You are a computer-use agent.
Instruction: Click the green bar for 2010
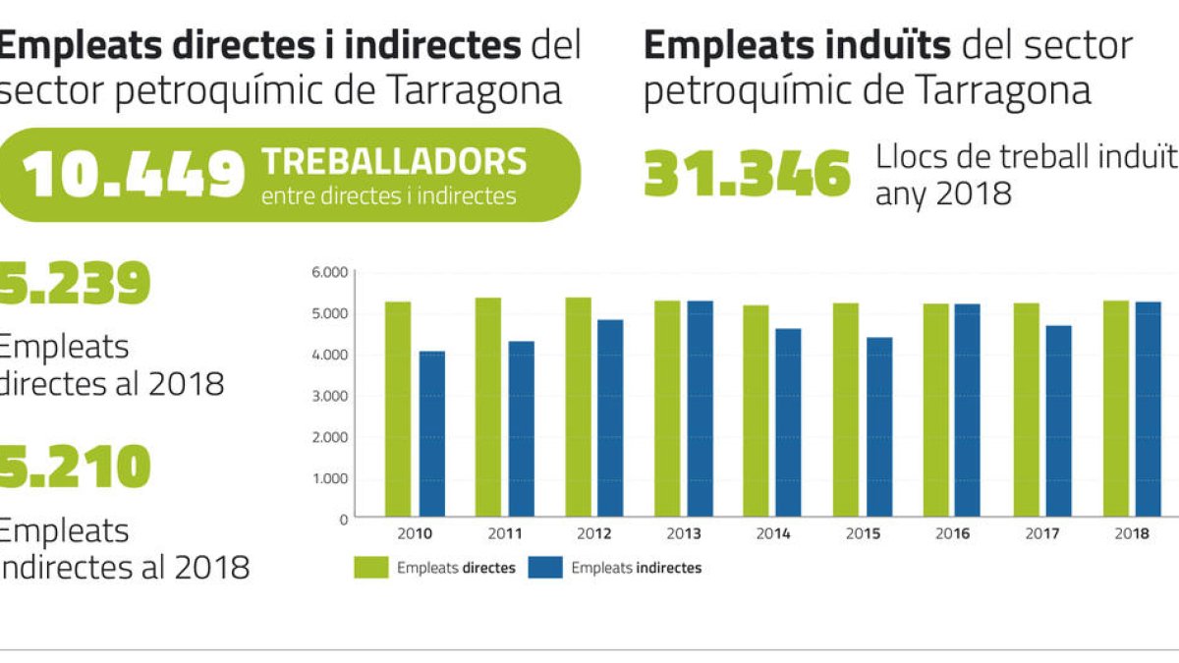(x=398, y=409)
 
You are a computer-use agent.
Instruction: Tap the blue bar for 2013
(x=701, y=409)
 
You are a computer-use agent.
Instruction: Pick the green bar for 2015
(x=846, y=410)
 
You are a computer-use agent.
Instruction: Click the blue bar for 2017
(x=1058, y=421)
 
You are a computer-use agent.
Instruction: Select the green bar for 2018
(x=1116, y=409)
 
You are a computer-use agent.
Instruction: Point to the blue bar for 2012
(x=610, y=417)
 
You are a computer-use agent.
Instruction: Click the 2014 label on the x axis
(x=773, y=534)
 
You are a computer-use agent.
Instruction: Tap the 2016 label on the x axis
(x=952, y=534)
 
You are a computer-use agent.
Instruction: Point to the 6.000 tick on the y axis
(x=331, y=272)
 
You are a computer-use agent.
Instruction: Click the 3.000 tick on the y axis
(x=331, y=396)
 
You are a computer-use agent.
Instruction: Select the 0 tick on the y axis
(x=343, y=519)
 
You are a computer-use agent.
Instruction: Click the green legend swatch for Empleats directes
(x=371, y=568)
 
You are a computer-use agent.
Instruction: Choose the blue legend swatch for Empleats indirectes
(x=545, y=568)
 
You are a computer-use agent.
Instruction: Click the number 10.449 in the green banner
(x=134, y=175)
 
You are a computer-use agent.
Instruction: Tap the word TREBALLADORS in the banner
(x=394, y=162)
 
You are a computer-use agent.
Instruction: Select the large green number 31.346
(x=747, y=175)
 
